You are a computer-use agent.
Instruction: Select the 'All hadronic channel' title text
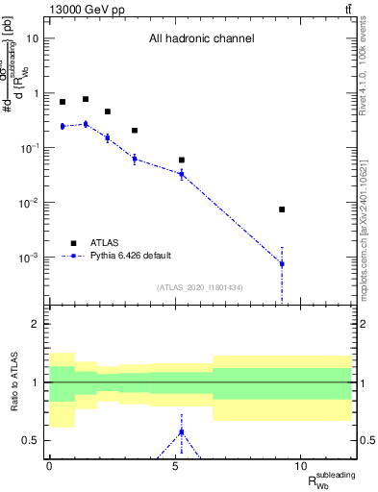point(201,39)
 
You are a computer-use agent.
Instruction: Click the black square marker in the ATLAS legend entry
point(73,242)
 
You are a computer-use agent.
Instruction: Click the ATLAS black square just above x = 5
point(182,160)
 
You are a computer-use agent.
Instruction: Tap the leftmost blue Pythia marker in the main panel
point(63,126)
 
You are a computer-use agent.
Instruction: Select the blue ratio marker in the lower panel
point(182,431)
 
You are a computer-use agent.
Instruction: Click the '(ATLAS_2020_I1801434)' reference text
point(200,287)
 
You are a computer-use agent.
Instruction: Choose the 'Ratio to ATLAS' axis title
point(13,382)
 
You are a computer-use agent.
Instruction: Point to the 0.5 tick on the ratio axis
point(35,441)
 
